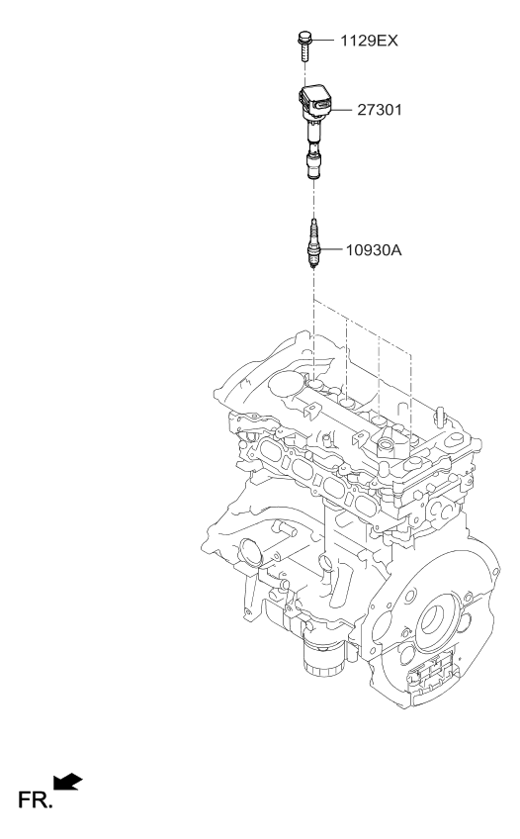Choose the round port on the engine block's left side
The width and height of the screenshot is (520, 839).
(247, 549)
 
